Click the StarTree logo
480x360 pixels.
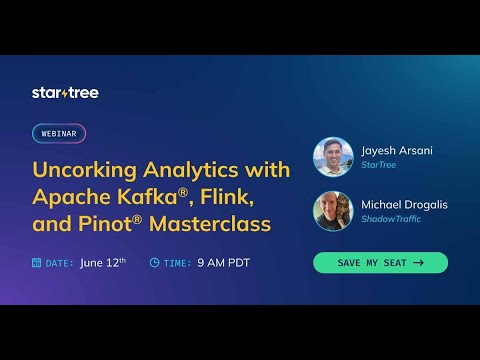(x=65, y=93)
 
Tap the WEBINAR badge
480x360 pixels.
(x=59, y=133)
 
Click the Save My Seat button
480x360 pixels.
(x=380, y=263)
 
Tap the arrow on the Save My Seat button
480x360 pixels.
(x=417, y=263)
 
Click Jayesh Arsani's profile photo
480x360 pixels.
(x=332, y=157)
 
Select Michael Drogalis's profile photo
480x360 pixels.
(x=332, y=210)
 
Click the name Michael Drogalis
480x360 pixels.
(x=403, y=204)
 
